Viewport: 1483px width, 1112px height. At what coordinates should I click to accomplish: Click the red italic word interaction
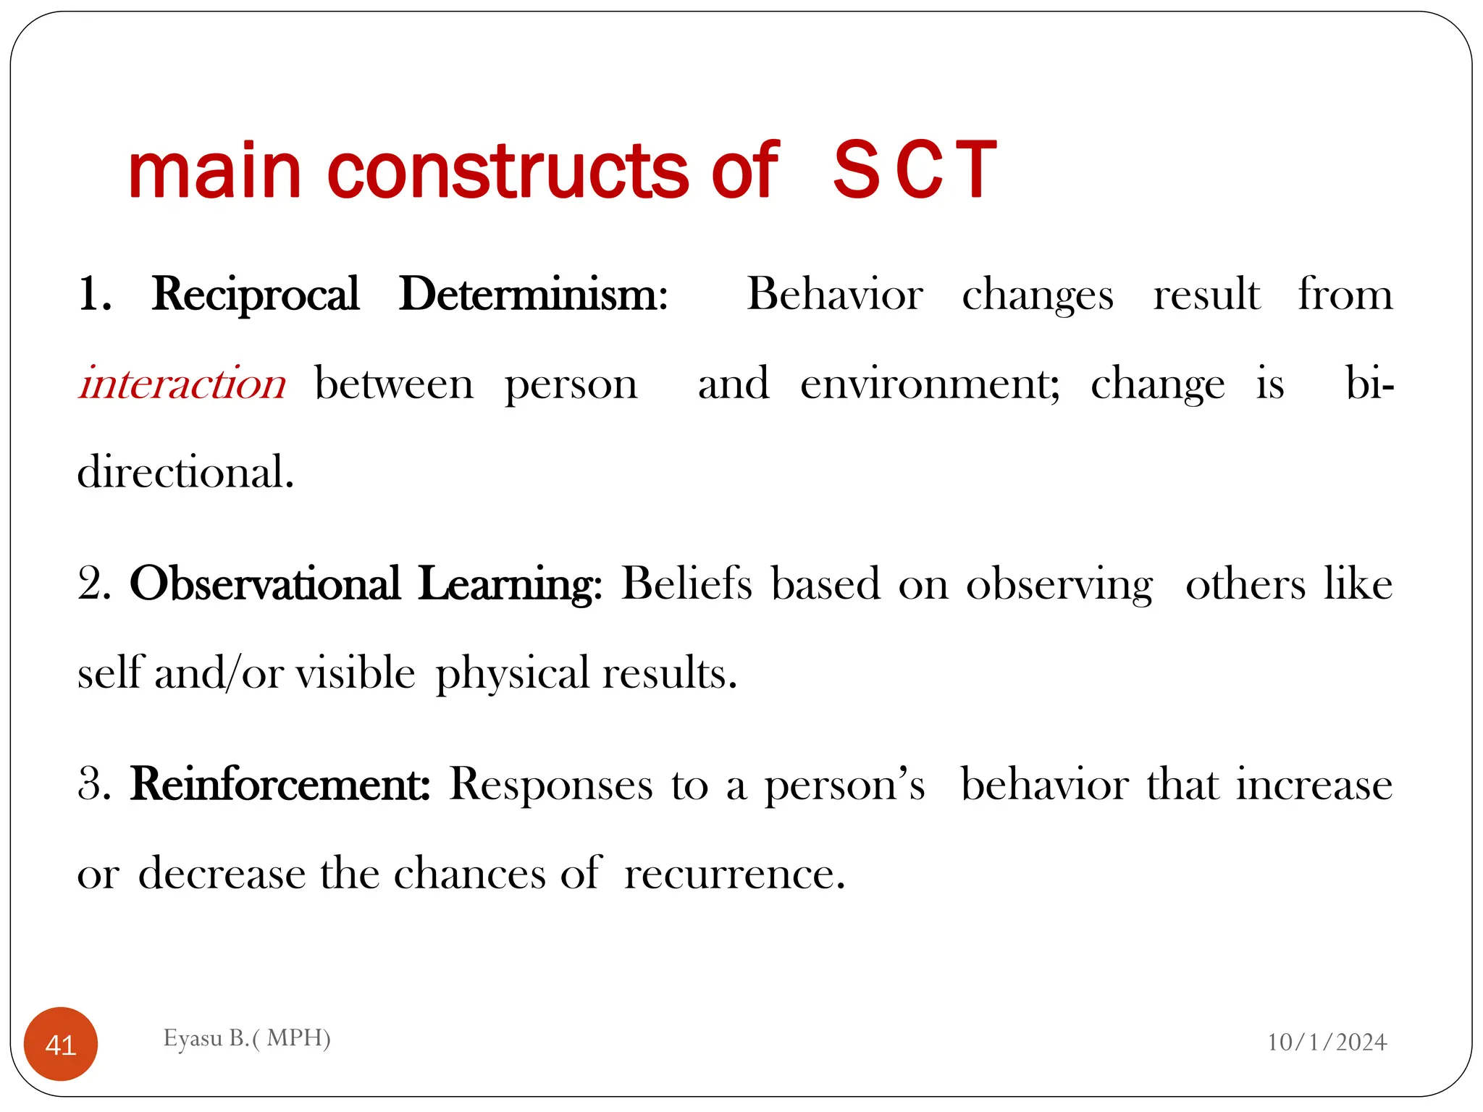pyautogui.click(x=182, y=384)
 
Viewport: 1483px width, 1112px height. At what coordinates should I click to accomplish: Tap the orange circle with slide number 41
pyautogui.click(x=61, y=1044)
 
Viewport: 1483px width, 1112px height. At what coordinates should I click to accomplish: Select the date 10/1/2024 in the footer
pyautogui.click(x=1327, y=1042)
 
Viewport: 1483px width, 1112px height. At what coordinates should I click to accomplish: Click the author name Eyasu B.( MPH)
pyautogui.click(x=247, y=1038)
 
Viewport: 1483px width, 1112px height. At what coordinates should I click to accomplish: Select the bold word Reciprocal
pyautogui.click(x=256, y=295)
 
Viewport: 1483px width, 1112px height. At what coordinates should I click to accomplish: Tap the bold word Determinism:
pyautogui.click(x=534, y=295)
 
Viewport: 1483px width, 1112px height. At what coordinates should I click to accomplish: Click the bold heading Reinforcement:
pyautogui.click(x=280, y=784)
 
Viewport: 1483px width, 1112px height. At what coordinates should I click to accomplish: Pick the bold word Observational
pyautogui.click(x=265, y=584)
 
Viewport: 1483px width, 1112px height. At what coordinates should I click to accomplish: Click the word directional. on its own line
pyautogui.click(x=186, y=473)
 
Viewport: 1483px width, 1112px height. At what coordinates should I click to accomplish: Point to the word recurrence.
pyautogui.click(x=734, y=874)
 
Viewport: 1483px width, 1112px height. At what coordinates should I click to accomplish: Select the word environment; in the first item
pyautogui.click(x=930, y=384)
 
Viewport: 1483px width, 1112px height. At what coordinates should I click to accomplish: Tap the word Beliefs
pyautogui.click(x=686, y=584)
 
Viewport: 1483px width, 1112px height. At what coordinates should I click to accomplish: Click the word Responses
pyautogui.click(x=550, y=784)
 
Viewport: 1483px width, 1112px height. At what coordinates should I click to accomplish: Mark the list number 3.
pyautogui.click(x=93, y=784)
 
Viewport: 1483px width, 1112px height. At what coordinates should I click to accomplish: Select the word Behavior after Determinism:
pyautogui.click(x=835, y=295)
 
